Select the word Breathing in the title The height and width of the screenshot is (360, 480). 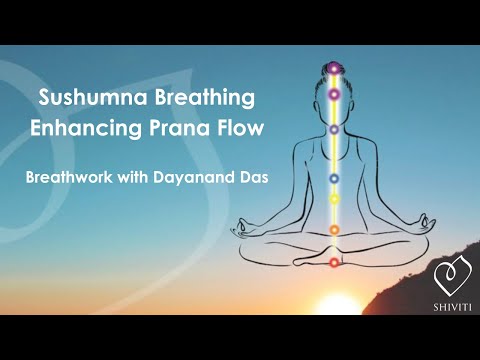[x=203, y=99]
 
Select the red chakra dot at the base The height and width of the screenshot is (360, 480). [x=335, y=262]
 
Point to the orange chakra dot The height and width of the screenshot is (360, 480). [x=335, y=230]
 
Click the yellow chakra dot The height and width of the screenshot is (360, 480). [x=335, y=198]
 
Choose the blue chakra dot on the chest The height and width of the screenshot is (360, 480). [x=335, y=177]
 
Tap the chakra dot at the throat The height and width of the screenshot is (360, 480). [x=335, y=129]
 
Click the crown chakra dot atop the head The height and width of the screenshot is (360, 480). [x=335, y=68]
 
